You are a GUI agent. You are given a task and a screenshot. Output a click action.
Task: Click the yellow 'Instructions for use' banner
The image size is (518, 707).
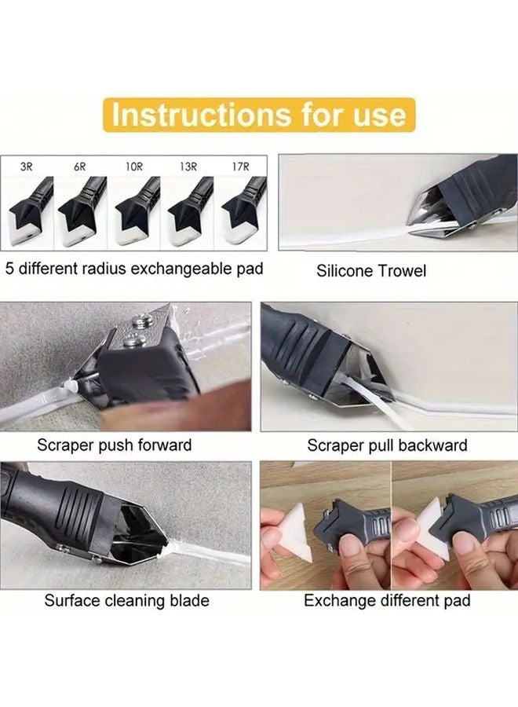pyautogui.click(x=259, y=115)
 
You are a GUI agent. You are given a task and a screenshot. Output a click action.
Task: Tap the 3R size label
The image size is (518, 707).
pyautogui.click(x=28, y=167)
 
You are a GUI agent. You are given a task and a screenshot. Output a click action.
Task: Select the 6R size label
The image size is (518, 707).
pyautogui.click(x=80, y=167)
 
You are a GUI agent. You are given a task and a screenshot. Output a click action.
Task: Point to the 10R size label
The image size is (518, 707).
pyautogui.click(x=133, y=167)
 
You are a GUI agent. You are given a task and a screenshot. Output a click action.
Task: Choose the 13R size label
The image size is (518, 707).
pyautogui.click(x=188, y=167)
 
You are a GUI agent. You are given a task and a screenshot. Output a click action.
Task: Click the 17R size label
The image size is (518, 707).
pyautogui.click(x=239, y=167)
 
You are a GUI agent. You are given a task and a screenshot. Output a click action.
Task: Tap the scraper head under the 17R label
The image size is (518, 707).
pyautogui.click(x=239, y=214)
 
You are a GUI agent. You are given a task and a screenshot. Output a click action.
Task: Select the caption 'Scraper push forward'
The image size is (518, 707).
pyautogui.click(x=115, y=445)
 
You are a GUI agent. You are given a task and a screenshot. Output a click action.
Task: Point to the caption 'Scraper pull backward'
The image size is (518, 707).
pyautogui.click(x=387, y=445)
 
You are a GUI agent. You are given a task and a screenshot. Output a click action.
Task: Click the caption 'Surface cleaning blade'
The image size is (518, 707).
pyautogui.click(x=126, y=601)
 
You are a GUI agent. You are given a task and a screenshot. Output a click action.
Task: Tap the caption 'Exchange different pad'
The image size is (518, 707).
pyautogui.click(x=387, y=601)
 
